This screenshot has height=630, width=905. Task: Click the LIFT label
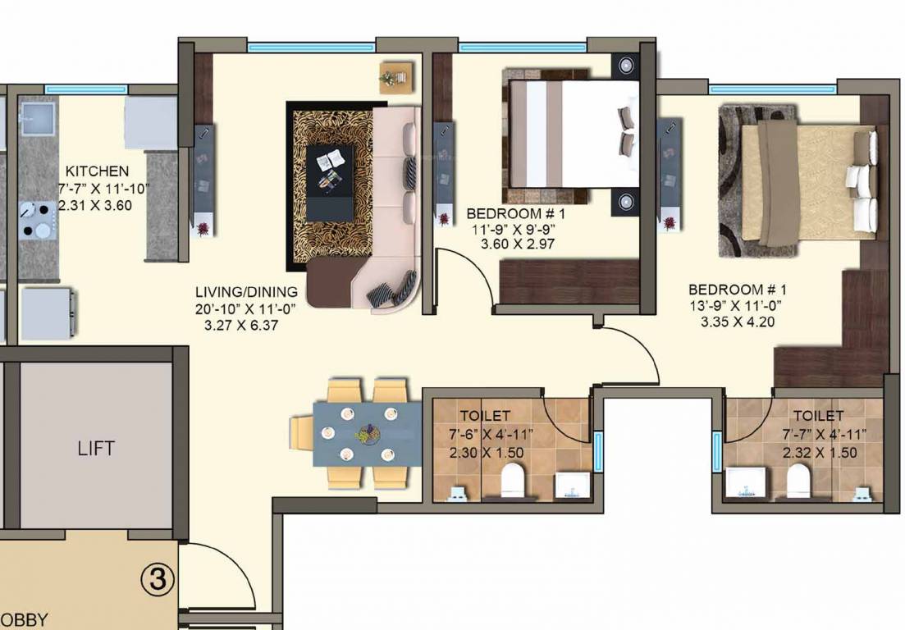96,449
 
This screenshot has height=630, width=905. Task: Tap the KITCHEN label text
97,171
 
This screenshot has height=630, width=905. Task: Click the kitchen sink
36,118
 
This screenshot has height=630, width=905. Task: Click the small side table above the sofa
393,77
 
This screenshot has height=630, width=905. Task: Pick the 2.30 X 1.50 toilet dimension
486,453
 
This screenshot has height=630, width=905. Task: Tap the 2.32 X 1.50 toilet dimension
820,453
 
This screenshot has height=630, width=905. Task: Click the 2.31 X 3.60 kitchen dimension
96,205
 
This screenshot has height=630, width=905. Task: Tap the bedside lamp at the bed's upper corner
626,64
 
